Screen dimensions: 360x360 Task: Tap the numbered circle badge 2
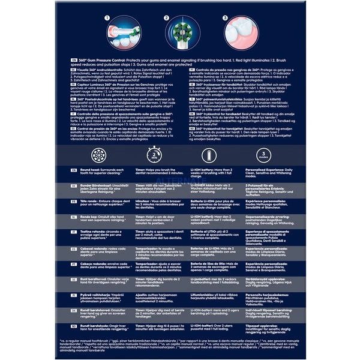(166, 19)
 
